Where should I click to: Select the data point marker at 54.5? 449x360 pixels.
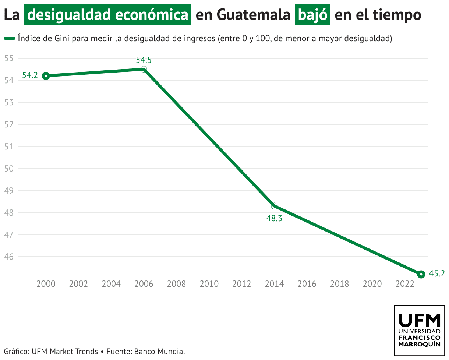(x=144, y=69)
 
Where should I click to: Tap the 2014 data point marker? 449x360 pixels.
(x=274, y=206)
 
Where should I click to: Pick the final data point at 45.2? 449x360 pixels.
(x=421, y=274)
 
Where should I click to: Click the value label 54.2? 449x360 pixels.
(x=30, y=75)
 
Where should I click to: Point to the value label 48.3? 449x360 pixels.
(x=274, y=218)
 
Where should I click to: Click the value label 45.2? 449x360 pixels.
(x=437, y=273)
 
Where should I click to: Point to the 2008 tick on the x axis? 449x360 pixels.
(x=176, y=284)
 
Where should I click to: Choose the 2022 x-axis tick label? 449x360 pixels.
(x=404, y=284)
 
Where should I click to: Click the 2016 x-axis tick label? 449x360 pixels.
(x=307, y=284)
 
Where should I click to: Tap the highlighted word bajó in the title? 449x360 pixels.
(x=312, y=15)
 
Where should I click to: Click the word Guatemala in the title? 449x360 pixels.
(x=254, y=15)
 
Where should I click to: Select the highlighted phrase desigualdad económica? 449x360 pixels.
(x=108, y=15)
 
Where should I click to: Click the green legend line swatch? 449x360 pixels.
(x=10, y=38)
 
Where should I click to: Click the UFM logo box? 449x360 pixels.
(x=419, y=330)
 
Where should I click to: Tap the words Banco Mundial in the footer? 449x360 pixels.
(x=160, y=351)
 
